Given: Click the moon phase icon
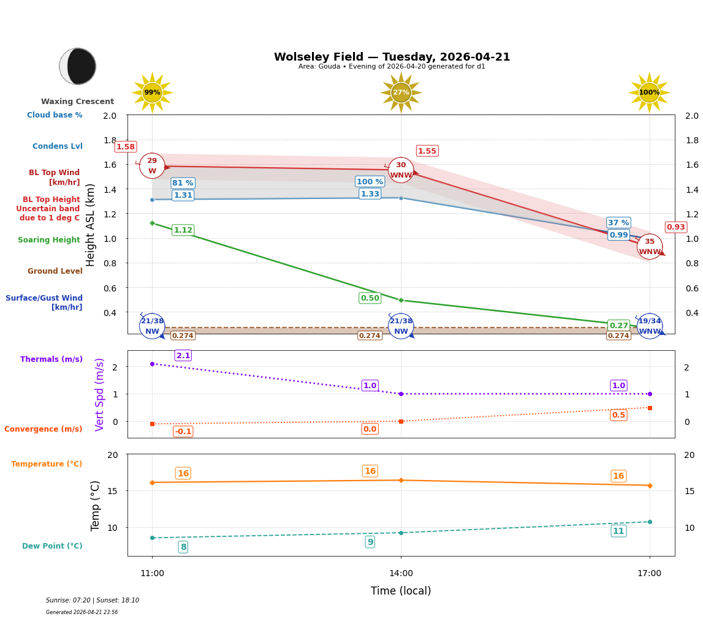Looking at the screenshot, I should coord(78,66).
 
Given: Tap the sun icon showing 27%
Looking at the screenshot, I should coord(401,92).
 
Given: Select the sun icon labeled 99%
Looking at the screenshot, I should coord(152,92).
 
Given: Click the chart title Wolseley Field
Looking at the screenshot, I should coord(392,57).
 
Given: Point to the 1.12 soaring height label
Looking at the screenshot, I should coord(183,230).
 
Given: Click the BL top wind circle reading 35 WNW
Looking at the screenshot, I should coord(650,246).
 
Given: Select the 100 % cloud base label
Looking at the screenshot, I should coord(370,182).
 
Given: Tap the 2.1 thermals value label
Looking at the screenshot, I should coord(183,356).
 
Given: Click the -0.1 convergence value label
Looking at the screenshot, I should coord(183,432).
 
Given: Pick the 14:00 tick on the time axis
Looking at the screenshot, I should coord(401,573).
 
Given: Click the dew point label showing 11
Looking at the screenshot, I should coord(618,531).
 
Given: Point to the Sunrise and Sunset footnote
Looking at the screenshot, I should coord(93,601).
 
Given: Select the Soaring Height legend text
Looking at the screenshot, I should coord(49,240).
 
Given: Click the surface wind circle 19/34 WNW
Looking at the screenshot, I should coord(650,326).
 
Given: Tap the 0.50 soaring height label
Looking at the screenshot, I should coord(370,298).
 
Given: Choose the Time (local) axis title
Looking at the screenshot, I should coord(401,591).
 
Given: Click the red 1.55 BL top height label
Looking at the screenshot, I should coord(427,151).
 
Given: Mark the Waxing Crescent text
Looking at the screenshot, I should coord(77,102).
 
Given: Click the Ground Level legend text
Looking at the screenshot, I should coord(55,271).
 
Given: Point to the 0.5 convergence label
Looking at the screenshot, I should coord(618,415).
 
